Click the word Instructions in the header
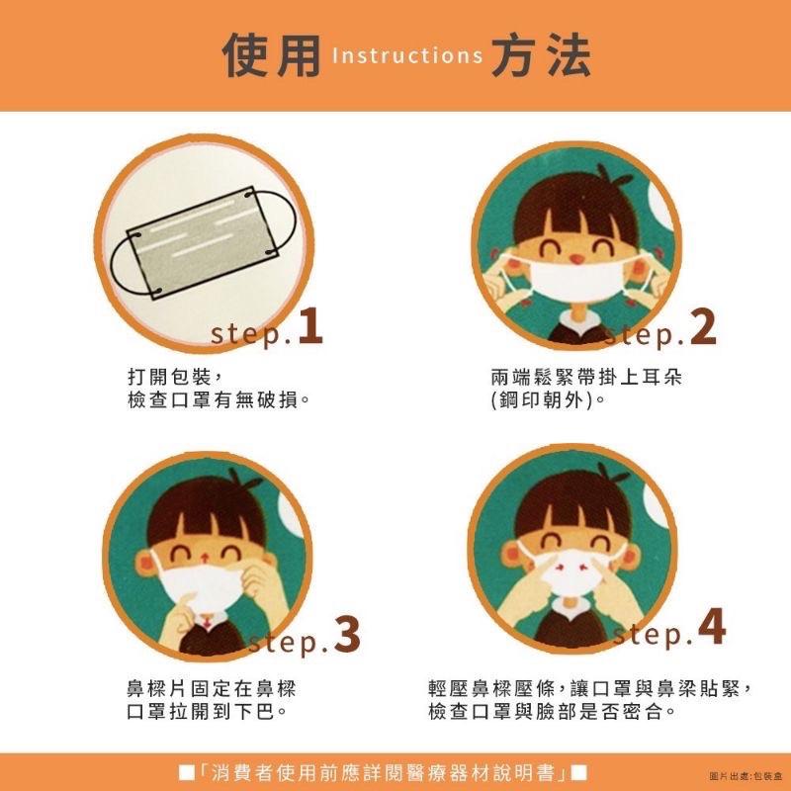click(406, 56)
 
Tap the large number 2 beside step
click(703, 328)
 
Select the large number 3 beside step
click(346, 636)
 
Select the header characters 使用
click(272, 55)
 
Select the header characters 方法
click(539, 55)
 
